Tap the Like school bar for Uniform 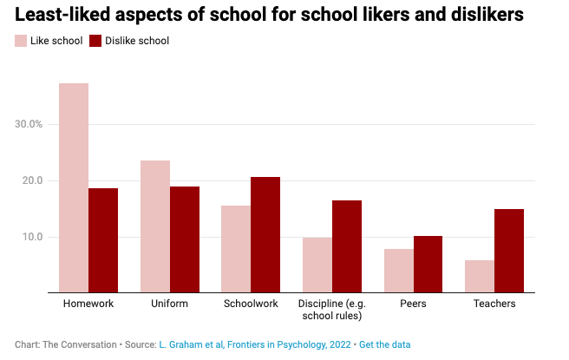[155, 226]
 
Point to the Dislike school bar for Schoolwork [265, 235]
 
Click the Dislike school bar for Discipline [347, 246]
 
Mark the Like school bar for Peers [399, 271]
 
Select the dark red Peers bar [428, 265]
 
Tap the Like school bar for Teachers [480, 276]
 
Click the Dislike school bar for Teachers [509, 251]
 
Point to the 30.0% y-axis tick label [29, 124]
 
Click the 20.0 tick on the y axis [33, 180]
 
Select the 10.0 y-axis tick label [33, 237]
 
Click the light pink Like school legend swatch [21, 41]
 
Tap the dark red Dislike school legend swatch [95, 41]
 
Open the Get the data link [385, 344]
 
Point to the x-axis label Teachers [494, 304]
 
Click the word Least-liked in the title [62, 15]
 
